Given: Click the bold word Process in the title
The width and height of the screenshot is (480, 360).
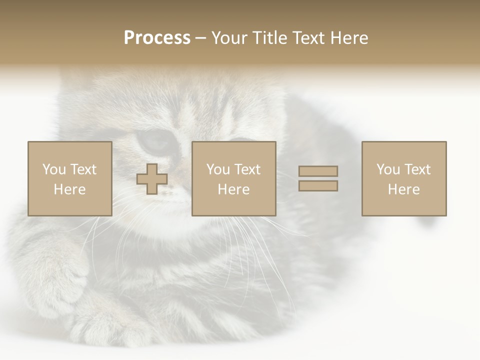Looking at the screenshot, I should (157, 38).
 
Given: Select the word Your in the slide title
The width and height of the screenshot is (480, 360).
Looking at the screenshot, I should (229, 38).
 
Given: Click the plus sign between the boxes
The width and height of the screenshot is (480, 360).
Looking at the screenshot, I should (152, 179).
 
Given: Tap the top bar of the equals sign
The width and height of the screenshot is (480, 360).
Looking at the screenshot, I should (318, 171).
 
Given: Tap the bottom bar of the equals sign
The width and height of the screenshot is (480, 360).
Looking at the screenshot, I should (318, 186).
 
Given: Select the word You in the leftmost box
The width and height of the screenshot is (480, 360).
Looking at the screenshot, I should (54, 169).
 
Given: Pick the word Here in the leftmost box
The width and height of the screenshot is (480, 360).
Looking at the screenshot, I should (69, 189).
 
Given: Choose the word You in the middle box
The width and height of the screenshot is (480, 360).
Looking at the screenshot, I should (218, 169).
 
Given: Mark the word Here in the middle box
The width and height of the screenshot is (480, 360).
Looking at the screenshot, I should (233, 189).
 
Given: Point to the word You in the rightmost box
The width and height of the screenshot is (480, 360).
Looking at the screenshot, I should (388, 169).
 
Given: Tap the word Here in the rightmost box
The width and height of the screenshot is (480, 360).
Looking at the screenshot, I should (403, 189).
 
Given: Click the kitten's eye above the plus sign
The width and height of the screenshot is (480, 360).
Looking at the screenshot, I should (155, 141).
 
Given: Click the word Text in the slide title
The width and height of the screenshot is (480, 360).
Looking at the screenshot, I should (307, 38).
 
